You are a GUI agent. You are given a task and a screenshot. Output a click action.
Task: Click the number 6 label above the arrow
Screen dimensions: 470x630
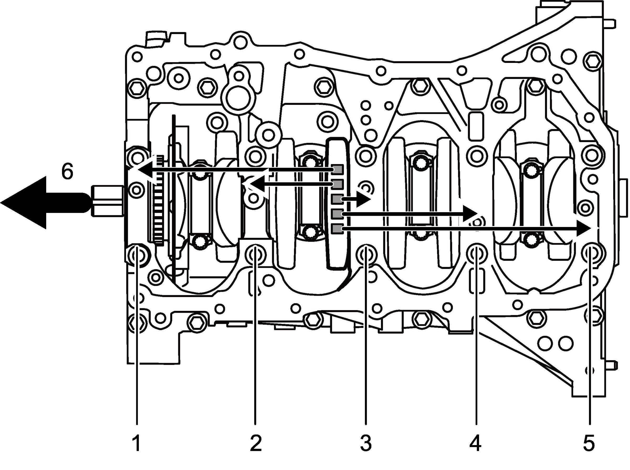coord(67,171)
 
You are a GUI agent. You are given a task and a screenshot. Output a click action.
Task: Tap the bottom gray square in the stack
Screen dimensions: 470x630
coord(338,228)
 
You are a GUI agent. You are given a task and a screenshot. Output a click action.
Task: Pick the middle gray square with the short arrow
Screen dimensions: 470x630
coord(338,199)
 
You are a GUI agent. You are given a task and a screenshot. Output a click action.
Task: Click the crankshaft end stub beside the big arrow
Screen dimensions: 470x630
coord(107,202)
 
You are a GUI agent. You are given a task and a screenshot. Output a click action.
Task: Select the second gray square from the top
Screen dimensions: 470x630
coord(338,184)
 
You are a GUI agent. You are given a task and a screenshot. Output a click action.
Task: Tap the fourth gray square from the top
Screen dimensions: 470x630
coord(338,214)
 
